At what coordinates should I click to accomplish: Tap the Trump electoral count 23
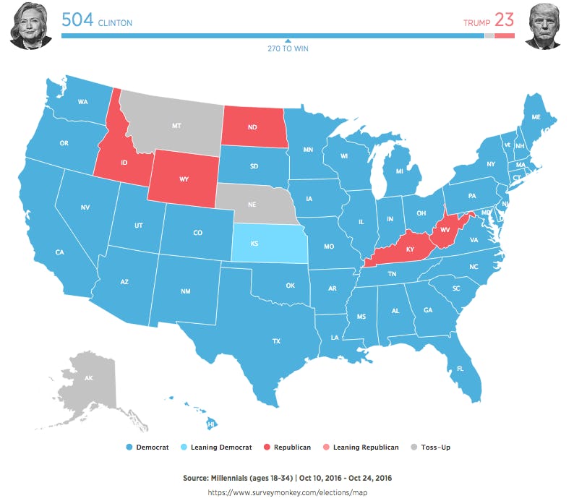click(505, 20)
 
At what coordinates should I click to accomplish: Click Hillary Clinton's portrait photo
click(30, 25)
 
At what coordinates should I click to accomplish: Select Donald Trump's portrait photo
click(543, 25)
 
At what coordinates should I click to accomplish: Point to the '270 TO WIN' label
click(288, 48)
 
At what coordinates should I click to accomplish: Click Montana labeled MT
click(176, 125)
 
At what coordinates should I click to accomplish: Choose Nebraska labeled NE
click(252, 205)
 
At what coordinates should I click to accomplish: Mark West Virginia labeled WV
click(445, 230)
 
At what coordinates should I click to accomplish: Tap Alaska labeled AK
click(89, 378)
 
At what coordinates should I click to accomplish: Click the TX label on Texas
click(275, 341)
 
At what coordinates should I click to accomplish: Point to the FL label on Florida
click(460, 368)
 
